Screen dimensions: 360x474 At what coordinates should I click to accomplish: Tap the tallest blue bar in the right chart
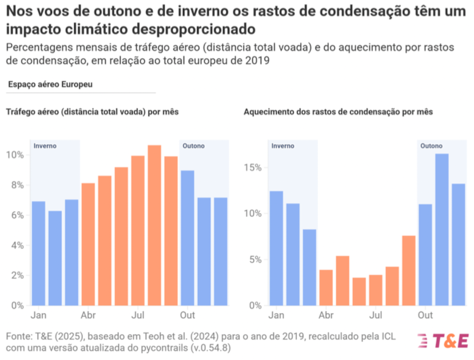(x=441, y=229)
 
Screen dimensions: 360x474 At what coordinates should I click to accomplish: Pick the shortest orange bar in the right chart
(x=359, y=291)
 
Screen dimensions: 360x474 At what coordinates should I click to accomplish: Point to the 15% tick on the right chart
(x=253, y=168)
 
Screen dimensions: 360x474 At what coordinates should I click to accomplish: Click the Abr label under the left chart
(x=88, y=315)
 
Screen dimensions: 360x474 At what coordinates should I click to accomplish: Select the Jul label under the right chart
(x=376, y=315)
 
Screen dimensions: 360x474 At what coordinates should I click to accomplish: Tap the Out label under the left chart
(x=188, y=315)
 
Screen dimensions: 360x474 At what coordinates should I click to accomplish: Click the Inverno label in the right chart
(x=282, y=146)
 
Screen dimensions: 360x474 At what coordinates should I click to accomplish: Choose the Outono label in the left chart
(x=193, y=146)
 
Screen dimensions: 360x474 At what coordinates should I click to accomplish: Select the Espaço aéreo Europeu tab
(x=50, y=84)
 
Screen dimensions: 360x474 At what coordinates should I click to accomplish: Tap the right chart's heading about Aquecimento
(x=338, y=112)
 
